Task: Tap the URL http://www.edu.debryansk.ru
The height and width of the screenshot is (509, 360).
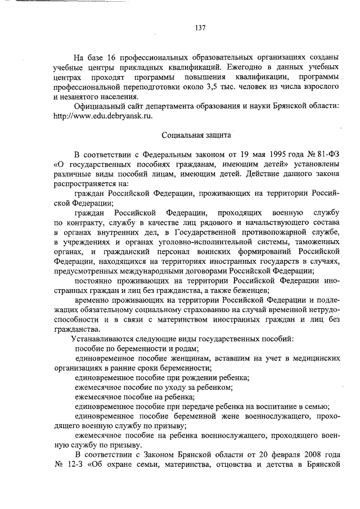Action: [x=103, y=115]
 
